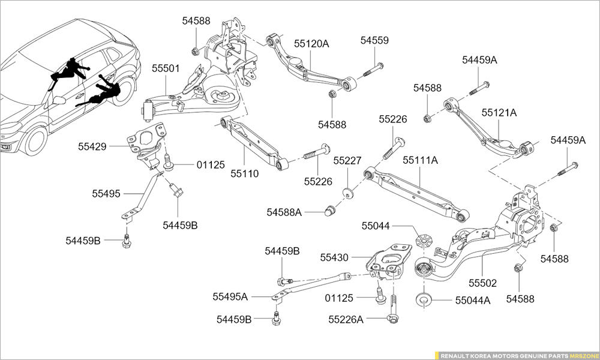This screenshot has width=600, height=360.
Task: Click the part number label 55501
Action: pos(165,68)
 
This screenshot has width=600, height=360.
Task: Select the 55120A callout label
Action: pos(311,43)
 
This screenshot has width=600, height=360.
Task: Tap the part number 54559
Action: pos(374,41)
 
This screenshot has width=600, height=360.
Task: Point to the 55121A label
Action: pos(499,112)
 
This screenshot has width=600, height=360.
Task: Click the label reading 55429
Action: pos(92,146)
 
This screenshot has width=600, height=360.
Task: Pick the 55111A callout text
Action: pos(420,160)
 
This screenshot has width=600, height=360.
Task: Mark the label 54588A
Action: pos(284,212)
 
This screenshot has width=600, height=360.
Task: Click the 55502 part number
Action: pos(483,281)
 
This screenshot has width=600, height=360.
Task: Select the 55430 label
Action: pos(334,257)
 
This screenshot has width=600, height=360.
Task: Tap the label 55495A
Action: pos(230,296)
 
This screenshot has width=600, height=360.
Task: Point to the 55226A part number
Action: pos(346,319)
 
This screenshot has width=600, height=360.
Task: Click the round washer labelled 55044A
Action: pos(425,298)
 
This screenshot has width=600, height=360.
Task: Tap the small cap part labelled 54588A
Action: pos(329,210)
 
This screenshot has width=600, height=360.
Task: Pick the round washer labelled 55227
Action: pos(347,193)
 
